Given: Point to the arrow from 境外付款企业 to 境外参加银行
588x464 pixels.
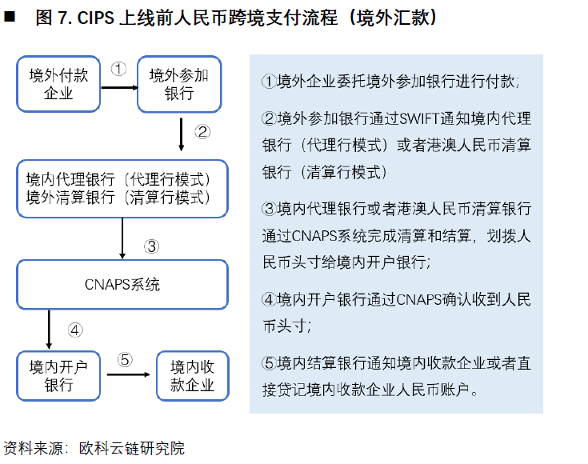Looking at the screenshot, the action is pyautogui.click(x=120, y=88).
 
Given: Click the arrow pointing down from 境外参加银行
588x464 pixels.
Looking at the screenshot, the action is pyautogui.click(x=181, y=134).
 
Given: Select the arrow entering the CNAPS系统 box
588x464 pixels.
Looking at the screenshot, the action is pyautogui.click(x=122, y=238).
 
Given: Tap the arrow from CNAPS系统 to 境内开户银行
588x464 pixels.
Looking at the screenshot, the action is pyautogui.click(x=49, y=330).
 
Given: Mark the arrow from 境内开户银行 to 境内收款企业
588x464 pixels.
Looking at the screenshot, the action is pyautogui.click(x=128, y=374).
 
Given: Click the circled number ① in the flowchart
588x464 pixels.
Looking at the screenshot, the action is pyautogui.click(x=118, y=69).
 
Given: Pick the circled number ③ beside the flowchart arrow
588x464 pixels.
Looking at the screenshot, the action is pyautogui.click(x=151, y=246).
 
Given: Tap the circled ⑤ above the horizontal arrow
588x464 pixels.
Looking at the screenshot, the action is pyautogui.click(x=125, y=360).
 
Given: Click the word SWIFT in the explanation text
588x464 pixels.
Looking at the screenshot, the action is pyautogui.click(x=420, y=119).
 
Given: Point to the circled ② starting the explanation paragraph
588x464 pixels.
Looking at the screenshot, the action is pyautogui.click(x=270, y=119).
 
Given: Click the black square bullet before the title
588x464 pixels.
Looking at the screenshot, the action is pyautogui.click(x=10, y=17).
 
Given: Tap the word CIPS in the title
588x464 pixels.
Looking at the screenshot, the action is pyautogui.click(x=95, y=18).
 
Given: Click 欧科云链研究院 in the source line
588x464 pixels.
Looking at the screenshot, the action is pyautogui.click(x=132, y=448).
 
